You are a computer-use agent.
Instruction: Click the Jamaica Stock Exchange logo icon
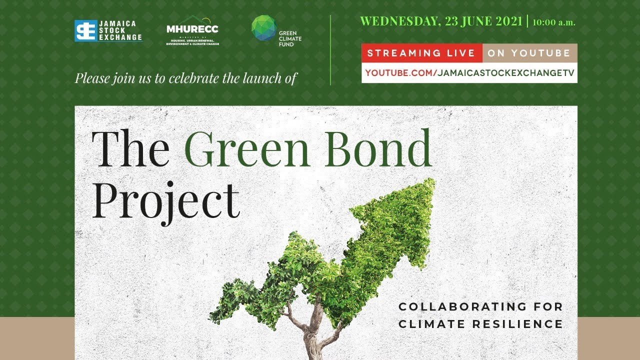85,30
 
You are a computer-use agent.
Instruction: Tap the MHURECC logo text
192,29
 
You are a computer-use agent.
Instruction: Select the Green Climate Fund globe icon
264,27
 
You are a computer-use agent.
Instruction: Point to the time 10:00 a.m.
554,22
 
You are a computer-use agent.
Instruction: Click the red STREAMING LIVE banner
421,53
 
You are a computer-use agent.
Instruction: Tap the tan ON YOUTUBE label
529,53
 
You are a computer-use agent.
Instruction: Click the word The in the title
130,148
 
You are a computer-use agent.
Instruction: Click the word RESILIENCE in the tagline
518,324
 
